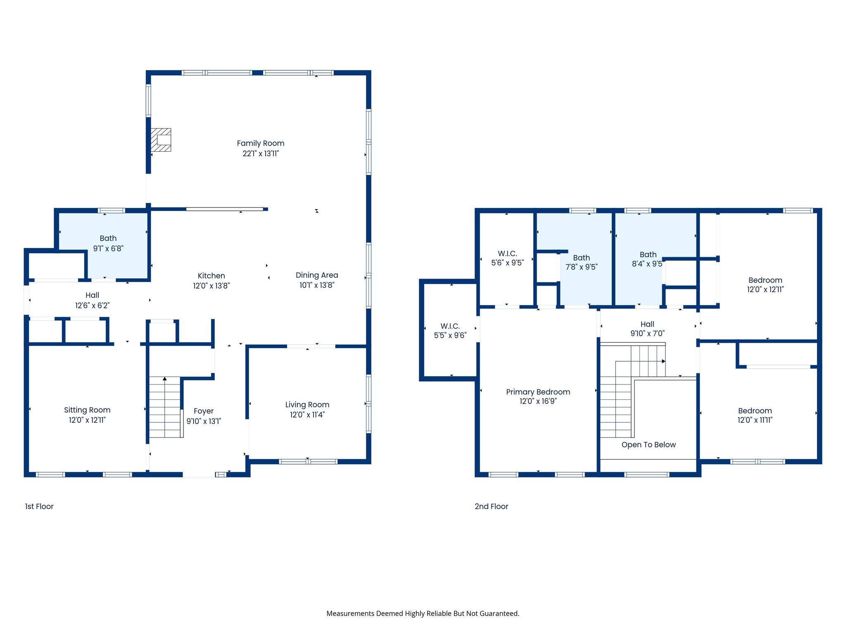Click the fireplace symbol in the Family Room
tap(161, 140)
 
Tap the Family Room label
tap(260, 143)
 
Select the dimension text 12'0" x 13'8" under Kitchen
tap(211, 286)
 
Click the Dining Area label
tap(317, 275)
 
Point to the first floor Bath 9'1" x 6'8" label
tap(108, 243)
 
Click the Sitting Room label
tap(87, 410)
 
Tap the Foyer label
tap(204, 411)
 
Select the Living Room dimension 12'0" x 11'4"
tap(307, 415)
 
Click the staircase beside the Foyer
tap(165, 407)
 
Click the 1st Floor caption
tap(39, 506)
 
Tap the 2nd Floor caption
tap(491, 506)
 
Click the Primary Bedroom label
tap(538, 392)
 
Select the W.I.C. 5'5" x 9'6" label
tap(450, 331)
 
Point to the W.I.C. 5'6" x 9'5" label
tap(507, 258)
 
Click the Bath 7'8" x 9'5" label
tap(581, 262)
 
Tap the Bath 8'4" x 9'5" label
tap(648, 259)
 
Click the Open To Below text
tap(649, 445)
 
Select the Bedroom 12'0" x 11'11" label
tap(755, 415)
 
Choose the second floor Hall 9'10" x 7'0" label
tap(647, 329)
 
